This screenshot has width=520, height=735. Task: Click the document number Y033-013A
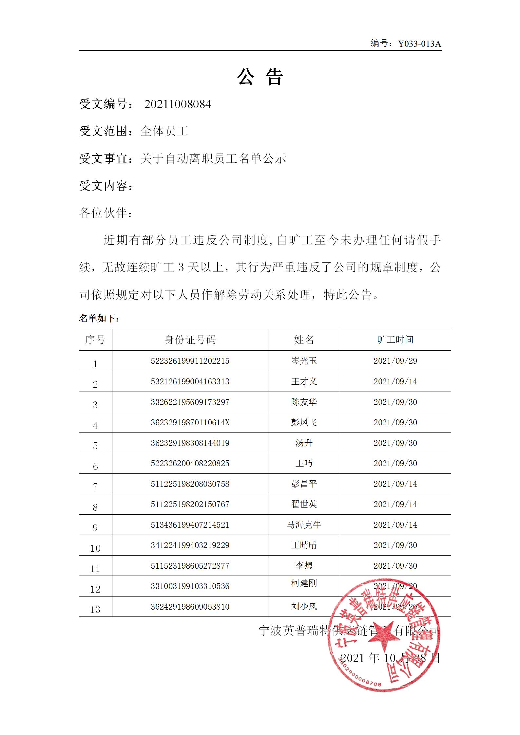pyautogui.click(x=419, y=44)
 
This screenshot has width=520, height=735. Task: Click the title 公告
pyautogui.click(x=260, y=77)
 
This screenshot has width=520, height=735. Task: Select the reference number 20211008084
pyautogui.click(x=178, y=104)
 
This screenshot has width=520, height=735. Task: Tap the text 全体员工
pyautogui.click(x=164, y=131)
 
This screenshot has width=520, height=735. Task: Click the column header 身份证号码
pyautogui.click(x=190, y=340)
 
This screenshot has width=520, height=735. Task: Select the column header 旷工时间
pyautogui.click(x=395, y=340)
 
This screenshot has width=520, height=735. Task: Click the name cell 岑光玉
pyautogui.click(x=304, y=361)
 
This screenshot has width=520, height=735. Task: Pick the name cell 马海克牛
pyautogui.click(x=304, y=524)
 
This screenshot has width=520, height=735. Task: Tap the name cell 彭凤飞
pyautogui.click(x=304, y=422)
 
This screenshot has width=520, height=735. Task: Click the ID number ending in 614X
pyautogui.click(x=190, y=422)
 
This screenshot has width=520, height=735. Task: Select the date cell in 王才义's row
pyautogui.click(x=395, y=381)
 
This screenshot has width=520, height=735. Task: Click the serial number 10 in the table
pyautogui.click(x=95, y=548)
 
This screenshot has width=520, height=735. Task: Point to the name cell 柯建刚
pyautogui.click(x=304, y=583)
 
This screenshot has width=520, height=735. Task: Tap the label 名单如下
pyautogui.click(x=99, y=318)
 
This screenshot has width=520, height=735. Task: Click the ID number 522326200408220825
pyautogui.click(x=190, y=463)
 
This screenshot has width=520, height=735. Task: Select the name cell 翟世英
pyautogui.click(x=304, y=504)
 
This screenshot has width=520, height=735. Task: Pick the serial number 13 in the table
pyautogui.click(x=95, y=609)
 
